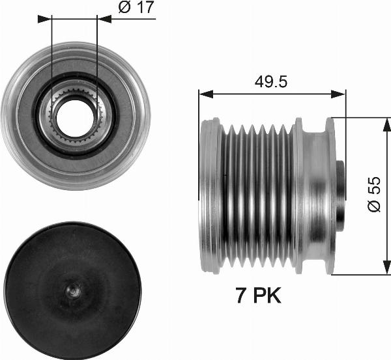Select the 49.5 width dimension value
click(270, 82)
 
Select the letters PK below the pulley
click(267, 296)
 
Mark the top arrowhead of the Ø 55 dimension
click(381, 123)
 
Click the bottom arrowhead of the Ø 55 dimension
click(381, 270)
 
